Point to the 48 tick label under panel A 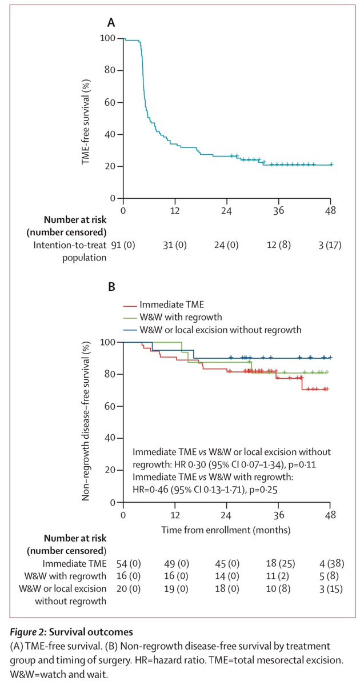coord(330,210)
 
